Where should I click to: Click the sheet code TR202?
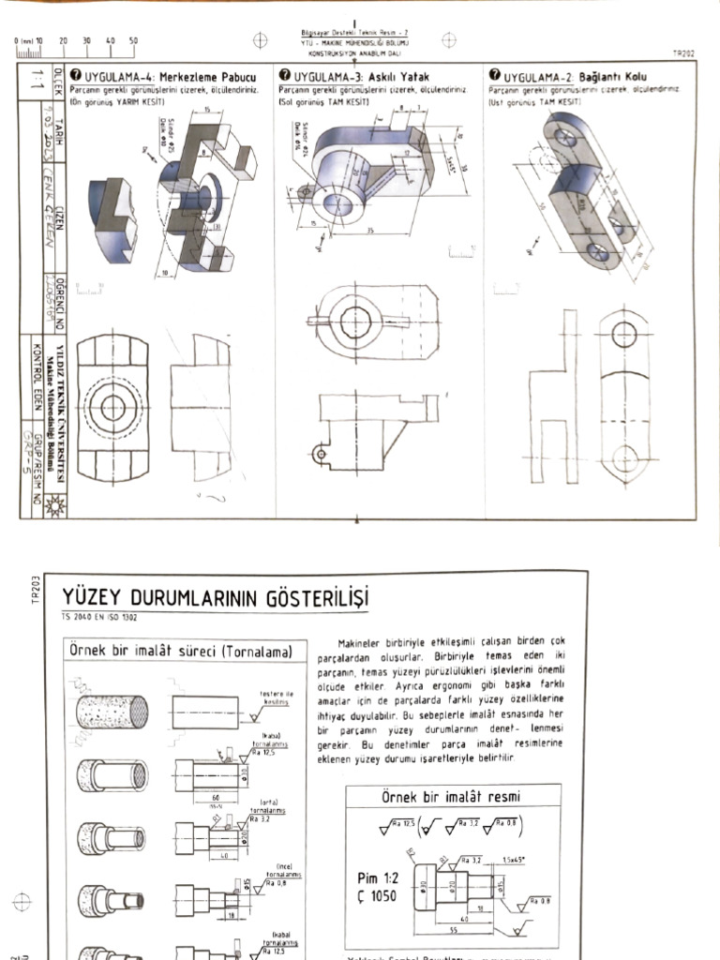coord(683,55)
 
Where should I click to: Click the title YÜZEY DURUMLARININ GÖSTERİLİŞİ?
coord(216,597)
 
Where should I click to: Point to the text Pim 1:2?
coord(380,878)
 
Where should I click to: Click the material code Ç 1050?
coord(378,896)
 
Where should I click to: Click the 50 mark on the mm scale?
coord(133,41)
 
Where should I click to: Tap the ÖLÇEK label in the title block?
coord(57,80)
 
